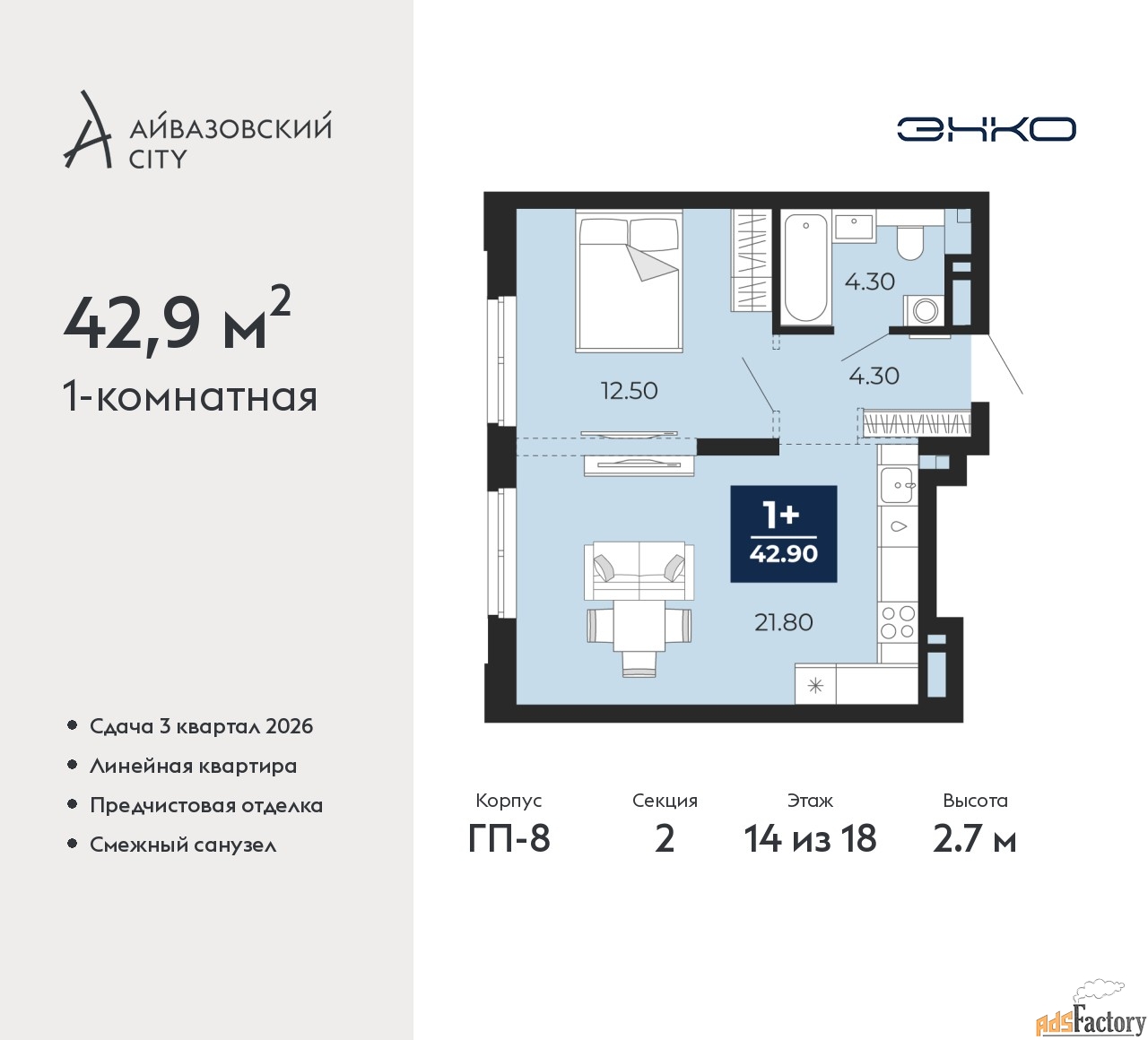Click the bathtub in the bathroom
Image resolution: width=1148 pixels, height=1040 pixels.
point(804,268)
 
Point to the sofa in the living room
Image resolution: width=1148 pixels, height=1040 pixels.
point(639,570)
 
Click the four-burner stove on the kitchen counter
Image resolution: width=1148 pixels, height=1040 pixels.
point(898,622)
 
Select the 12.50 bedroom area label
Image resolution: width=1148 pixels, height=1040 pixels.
point(629,391)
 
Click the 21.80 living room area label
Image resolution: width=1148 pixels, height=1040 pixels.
point(784,622)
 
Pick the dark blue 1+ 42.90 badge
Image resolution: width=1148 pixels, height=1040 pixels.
point(784,533)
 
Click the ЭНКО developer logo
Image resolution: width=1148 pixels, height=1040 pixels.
point(986,129)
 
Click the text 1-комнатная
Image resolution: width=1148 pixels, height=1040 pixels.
point(190,397)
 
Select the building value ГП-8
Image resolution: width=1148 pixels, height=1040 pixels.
point(509,838)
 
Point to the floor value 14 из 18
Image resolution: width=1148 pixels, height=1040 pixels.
point(810,838)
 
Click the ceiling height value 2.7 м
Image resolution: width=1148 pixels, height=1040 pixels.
point(975,839)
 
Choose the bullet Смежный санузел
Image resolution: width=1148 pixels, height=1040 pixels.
point(183,845)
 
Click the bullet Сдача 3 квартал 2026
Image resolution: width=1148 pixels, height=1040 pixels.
point(202,726)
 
